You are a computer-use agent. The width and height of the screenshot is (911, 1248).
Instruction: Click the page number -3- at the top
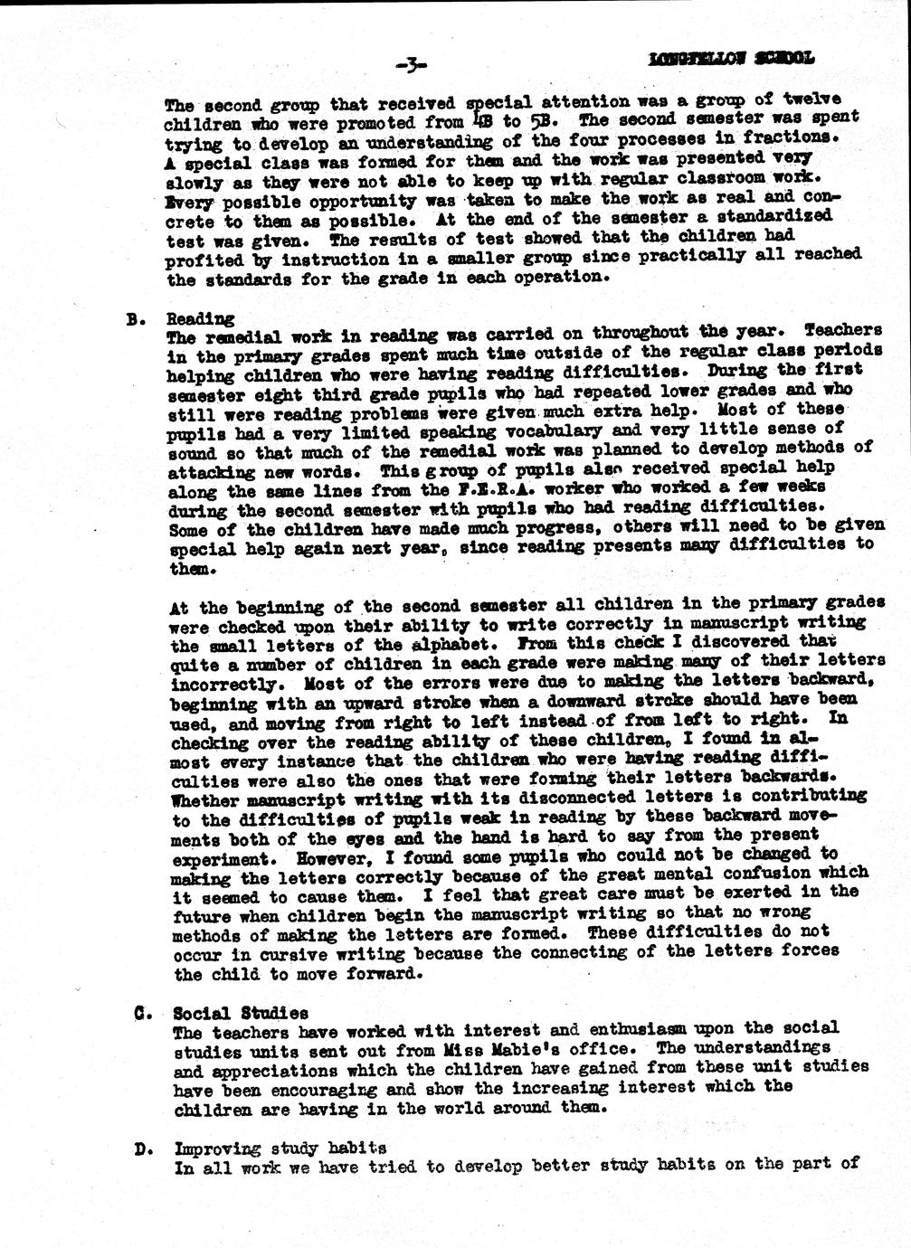click(411, 64)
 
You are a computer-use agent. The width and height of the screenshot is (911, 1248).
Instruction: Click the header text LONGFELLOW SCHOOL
click(731, 59)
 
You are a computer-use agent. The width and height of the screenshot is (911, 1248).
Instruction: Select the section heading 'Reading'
click(201, 318)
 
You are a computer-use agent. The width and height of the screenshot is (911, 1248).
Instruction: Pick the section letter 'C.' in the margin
click(140, 1013)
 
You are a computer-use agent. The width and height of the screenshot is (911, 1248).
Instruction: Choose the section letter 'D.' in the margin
click(141, 1149)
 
